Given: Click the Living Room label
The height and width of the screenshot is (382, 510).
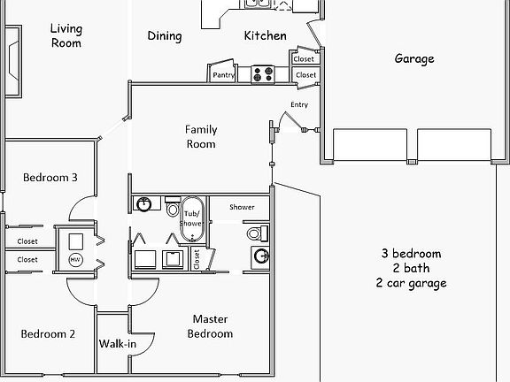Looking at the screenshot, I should click(x=66, y=35).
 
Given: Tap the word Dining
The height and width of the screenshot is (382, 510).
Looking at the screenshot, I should click(x=164, y=36).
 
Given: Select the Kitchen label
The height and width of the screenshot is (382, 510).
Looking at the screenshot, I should click(x=265, y=36).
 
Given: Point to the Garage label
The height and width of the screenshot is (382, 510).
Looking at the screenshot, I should click(x=413, y=59).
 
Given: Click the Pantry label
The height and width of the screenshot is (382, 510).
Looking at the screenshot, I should click(x=223, y=76).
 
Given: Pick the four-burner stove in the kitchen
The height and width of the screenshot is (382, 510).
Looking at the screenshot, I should click(x=262, y=74).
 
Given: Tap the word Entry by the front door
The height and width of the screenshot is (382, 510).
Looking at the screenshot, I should click(x=299, y=105).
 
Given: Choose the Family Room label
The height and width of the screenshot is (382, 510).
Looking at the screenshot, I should click(x=200, y=136).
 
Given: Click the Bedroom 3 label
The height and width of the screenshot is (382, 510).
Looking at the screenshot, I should click(x=50, y=178).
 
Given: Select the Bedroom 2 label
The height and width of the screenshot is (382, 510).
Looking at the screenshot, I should click(x=48, y=334).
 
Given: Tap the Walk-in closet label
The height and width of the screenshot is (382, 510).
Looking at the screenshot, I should click(x=116, y=344).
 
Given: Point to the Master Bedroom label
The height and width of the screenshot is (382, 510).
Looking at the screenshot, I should click(x=212, y=326).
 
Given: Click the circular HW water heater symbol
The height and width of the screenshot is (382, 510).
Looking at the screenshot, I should click(x=75, y=260).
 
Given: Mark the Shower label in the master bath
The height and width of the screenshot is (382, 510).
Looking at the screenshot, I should click(x=242, y=207).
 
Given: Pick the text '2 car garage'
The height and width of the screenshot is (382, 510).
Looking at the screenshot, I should click(x=411, y=283).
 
